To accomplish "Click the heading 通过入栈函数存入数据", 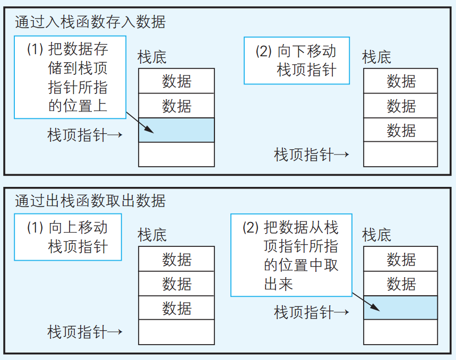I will (90, 22).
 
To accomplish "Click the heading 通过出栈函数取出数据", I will (90, 201).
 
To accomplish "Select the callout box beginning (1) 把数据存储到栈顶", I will (70, 77).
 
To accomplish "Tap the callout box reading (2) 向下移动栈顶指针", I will (297, 60).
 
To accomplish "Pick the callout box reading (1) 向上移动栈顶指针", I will (68, 237).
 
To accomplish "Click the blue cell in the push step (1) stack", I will (177, 130).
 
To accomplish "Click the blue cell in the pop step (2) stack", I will (401, 308).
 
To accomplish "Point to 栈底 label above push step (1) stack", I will (152, 57).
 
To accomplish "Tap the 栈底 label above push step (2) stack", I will (377, 57).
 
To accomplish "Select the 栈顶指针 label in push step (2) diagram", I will (311, 155).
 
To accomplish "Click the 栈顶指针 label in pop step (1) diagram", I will (85, 332).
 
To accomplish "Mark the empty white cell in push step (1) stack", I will (177, 155).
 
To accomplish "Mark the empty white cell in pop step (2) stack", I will (401, 332).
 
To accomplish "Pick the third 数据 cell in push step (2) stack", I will (401, 130).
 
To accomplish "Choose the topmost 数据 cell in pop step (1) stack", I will (177, 259).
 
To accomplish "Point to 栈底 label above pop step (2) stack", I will (377, 234).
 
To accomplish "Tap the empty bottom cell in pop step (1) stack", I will (177, 332).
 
